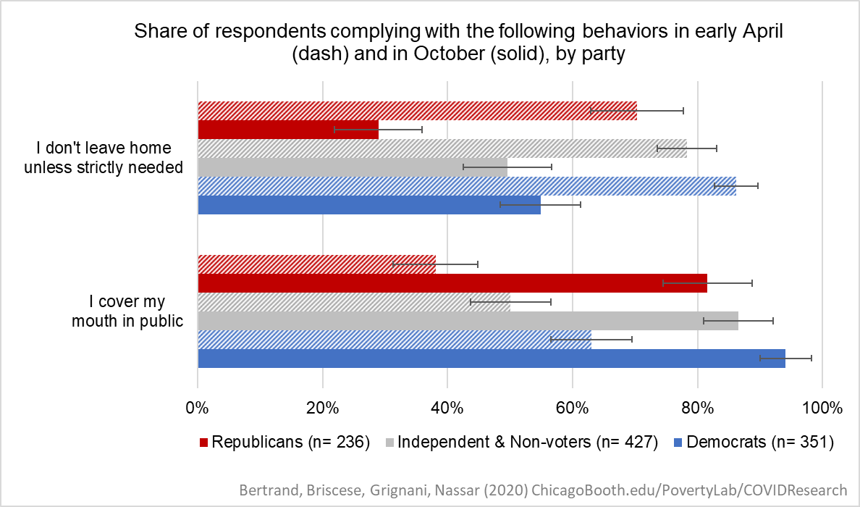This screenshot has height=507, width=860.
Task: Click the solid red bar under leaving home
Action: point(288,130)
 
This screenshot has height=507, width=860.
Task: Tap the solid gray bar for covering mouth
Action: point(468,321)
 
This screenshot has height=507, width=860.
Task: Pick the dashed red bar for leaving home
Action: point(417,111)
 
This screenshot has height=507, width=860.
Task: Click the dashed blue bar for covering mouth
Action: point(394,340)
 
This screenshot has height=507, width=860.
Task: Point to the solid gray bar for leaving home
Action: point(352,167)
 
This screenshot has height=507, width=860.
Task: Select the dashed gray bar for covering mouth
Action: point(353,302)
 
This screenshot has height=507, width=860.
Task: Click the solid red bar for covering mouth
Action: point(452,283)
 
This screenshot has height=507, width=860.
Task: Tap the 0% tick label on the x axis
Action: point(198,408)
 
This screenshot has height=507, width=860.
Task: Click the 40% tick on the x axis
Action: point(447,408)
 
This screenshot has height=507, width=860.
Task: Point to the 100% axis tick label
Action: point(822,408)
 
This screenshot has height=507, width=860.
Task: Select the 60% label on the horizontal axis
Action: point(572,408)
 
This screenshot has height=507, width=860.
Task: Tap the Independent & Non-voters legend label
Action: point(527,443)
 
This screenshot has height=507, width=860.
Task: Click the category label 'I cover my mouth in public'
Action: point(127,311)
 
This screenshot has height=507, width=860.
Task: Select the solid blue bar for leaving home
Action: point(369,205)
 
